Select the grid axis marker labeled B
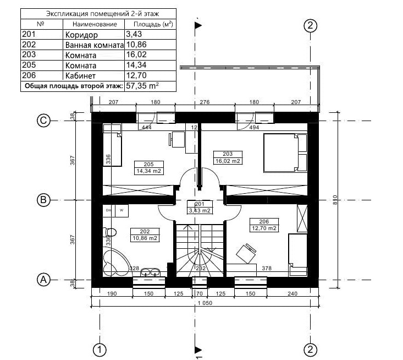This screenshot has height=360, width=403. pos(43,200)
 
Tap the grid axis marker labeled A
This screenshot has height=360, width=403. pos(43,280)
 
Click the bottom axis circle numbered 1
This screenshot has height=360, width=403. pos(100,349)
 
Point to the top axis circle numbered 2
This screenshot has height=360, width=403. pos(311,25)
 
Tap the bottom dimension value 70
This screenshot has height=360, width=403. pos(199,294)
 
